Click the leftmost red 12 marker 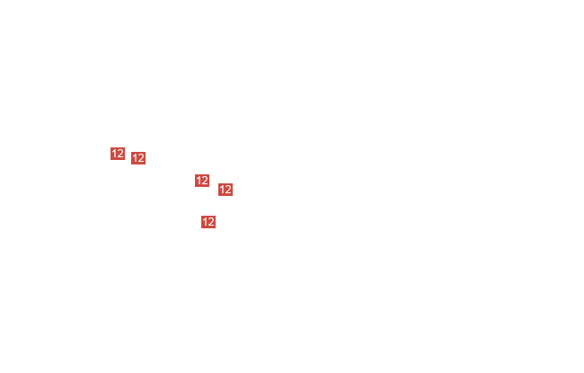pyautogui.click(x=118, y=154)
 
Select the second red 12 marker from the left pyautogui.click(x=138, y=158)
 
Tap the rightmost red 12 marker pyautogui.click(x=226, y=190)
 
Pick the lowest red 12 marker pyautogui.click(x=208, y=222)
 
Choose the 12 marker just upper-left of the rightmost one pyautogui.click(x=202, y=181)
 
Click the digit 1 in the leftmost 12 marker pyautogui.click(x=114, y=154)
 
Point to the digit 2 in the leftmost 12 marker pyautogui.click(x=120, y=154)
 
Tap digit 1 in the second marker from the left pyautogui.click(x=135, y=158)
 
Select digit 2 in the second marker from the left pyautogui.click(x=141, y=158)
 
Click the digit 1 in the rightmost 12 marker pyautogui.click(x=222, y=190)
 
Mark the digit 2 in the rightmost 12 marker pyautogui.click(x=228, y=190)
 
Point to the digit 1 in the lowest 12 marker pyautogui.click(x=205, y=222)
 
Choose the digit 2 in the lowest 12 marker pyautogui.click(x=211, y=222)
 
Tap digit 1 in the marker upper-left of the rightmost pyautogui.click(x=199, y=181)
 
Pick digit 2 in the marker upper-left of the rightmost pyautogui.click(x=205, y=181)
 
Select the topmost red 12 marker pyautogui.click(x=118, y=154)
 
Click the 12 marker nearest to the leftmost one pyautogui.click(x=138, y=158)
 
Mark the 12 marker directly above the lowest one pyautogui.click(x=202, y=181)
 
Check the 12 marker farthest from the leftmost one pyautogui.click(x=226, y=190)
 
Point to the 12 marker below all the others pyautogui.click(x=208, y=222)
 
